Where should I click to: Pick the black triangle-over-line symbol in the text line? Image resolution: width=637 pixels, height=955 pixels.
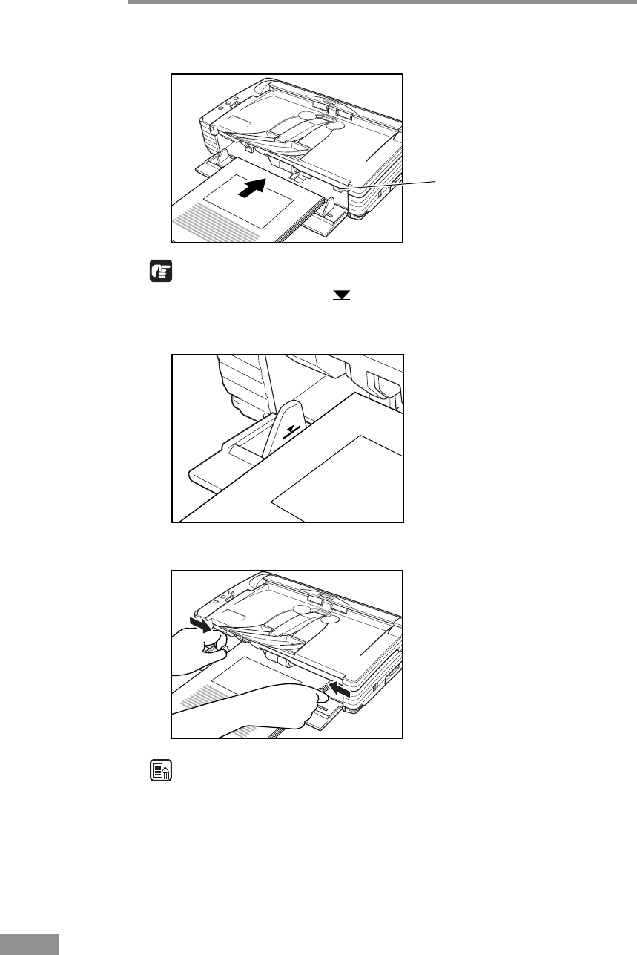pyautogui.click(x=341, y=295)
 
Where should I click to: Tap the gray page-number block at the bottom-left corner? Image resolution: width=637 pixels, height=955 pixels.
pyautogui.click(x=29, y=945)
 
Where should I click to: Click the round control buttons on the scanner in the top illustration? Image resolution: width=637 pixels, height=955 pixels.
pyautogui.click(x=229, y=102)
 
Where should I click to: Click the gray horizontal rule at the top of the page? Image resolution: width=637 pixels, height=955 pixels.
pyautogui.click(x=383, y=1)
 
